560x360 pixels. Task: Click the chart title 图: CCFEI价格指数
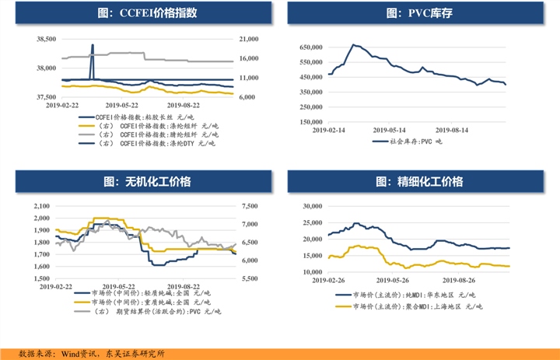pyautogui.click(x=147, y=13)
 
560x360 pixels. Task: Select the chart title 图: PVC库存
pyautogui.click(x=419, y=13)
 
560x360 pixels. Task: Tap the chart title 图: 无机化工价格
pyautogui.click(x=147, y=181)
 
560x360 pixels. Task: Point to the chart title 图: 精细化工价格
pyautogui.click(x=419, y=181)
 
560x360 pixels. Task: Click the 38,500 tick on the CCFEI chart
pyautogui.click(x=47, y=39)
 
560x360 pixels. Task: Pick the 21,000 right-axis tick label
pyautogui.click(x=249, y=39)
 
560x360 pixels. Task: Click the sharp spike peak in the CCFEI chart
pyautogui.click(x=93, y=45)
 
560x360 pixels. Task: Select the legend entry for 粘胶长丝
pyautogui.click(x=136, y=117)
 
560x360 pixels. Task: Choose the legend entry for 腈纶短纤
pyautogui.click(x=149, y=135)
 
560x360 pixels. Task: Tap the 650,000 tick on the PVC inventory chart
pyautogui.click(x=311, y=47)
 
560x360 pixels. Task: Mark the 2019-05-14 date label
pyautogui.click(x=390, y=130)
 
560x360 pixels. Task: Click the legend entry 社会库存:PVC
pyautogui.click(x=407, y=142)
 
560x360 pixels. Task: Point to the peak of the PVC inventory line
pyautogui.click(x=353, y=44)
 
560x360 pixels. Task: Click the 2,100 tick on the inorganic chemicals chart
pyautogui.click(x=42, y=206)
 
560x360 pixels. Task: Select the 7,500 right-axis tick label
pyautogui.click(x=250, y=206)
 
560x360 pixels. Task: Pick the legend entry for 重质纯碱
pyautogui.click(x=142, y=302)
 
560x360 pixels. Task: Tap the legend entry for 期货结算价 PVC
pyautogui.click(x=148, y=312)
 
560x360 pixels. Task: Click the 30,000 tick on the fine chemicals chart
pyautogui.click(x=313, y=206)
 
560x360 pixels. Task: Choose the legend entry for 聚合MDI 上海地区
pyautogui.click(x=409, y=306)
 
